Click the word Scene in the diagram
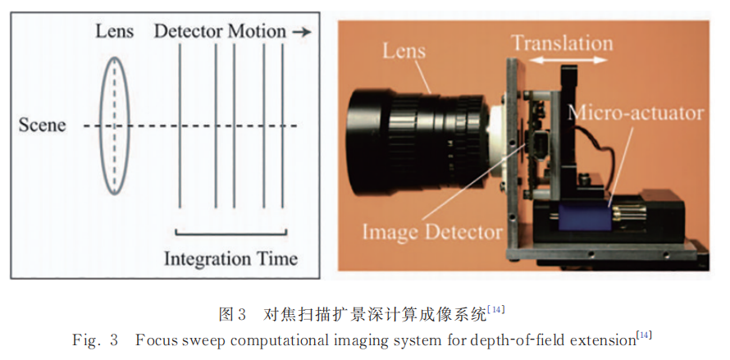pos(42,126)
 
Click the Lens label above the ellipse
pos(115,32)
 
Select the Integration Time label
pos(230,258)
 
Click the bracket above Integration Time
pos(231,232)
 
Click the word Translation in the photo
pos(561,41)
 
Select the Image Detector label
pos(432,232)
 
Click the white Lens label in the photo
pos(404,51)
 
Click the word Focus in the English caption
pos(154,339)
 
